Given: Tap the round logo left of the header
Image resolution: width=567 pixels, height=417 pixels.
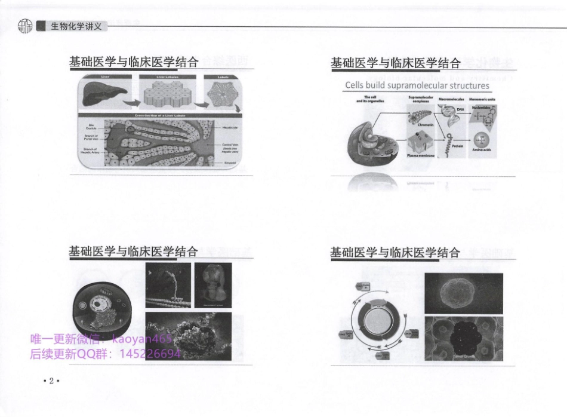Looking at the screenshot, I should point(24,26).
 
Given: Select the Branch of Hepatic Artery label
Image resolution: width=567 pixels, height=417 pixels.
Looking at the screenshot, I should point(93,152).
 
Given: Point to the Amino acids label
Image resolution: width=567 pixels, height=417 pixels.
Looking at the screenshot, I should point(481,149).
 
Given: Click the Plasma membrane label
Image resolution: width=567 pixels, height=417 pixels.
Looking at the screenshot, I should point(421,155).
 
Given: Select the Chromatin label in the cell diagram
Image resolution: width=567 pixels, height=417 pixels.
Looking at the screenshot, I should point(426,125).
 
